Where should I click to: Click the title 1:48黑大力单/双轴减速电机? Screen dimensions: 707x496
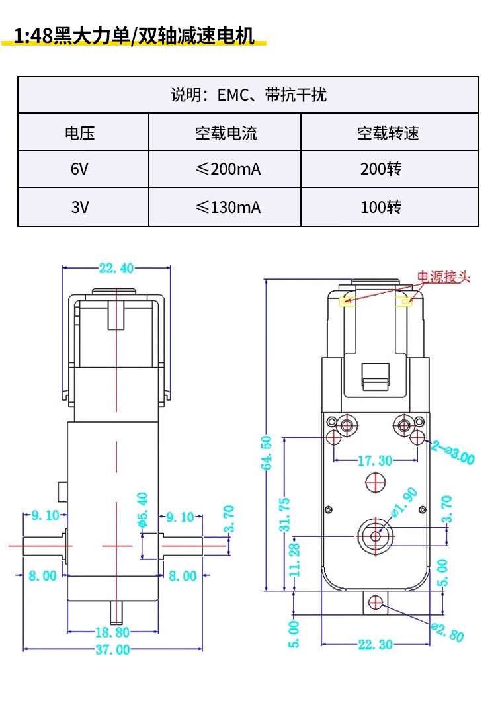tap(134, 36)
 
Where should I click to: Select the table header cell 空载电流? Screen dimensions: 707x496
tap(226, 133)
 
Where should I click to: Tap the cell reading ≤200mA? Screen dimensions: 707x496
tap(228, 169)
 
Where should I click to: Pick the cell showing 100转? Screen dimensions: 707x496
tap(381, 207)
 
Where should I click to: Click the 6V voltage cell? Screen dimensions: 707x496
tap(79, 169)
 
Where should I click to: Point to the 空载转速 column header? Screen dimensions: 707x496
tap(388, 133)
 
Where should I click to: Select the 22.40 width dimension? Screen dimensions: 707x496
tap(116, 268)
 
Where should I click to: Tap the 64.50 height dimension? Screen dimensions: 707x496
tap(266, 452)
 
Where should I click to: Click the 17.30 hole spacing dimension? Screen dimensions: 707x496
tap(375, 460)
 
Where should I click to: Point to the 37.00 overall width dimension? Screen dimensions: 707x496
tap(112, 649)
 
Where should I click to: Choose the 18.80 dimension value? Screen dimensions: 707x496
tap(112, 632)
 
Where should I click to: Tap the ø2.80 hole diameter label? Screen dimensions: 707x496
tap(448, 632)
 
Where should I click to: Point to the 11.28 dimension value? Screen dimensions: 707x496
tap(295, 559)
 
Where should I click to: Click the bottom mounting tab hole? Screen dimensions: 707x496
tap(376, 601)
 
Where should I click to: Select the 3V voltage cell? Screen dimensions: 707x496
tap(79, 207)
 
